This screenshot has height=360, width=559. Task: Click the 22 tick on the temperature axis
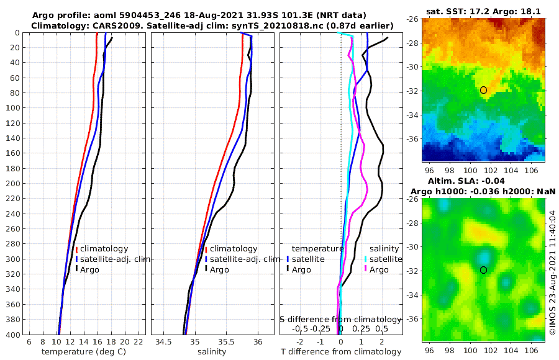pyautogui.click(x=139, y=342)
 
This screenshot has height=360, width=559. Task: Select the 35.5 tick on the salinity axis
pyautogui.click(x=227, y=342)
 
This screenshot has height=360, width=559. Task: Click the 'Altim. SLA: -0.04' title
pyautogui.click(x=483, y=179)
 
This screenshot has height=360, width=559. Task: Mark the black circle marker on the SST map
pyautogui.click(x=483, y=90)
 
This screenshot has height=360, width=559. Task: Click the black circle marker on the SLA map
pyautogui.click(x=483, y=270)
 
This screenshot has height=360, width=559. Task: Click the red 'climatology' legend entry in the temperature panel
pyautogui.click(x=104, y=248)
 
